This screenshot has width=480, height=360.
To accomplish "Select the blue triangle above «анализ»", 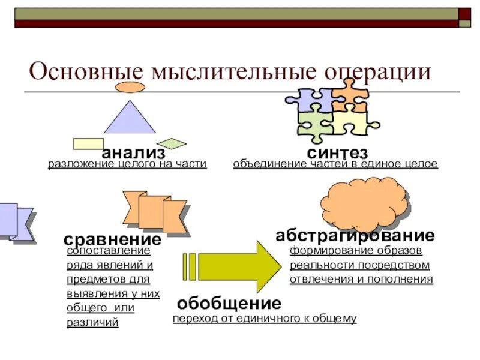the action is point(130,118).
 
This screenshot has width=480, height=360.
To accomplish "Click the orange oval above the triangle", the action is point(130,87).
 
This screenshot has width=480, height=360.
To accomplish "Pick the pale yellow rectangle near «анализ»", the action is point(88,143).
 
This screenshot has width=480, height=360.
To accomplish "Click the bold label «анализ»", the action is point(133,154).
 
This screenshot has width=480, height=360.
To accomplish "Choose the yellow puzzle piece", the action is point(352,123).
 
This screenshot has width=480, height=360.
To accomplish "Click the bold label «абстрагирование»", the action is point(355,235).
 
